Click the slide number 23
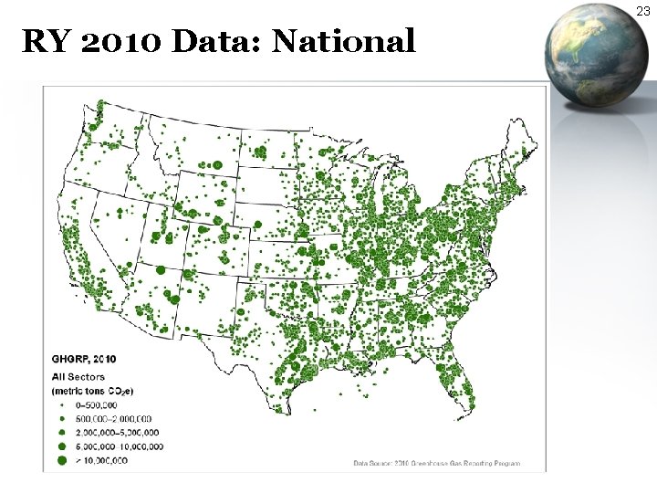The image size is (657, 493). point(643,11)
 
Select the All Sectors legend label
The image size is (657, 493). point(78,375)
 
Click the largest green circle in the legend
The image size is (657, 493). point(63,461)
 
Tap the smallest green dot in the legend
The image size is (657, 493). point(63,404)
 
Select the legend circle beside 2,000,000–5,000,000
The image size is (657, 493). point(63,432)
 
